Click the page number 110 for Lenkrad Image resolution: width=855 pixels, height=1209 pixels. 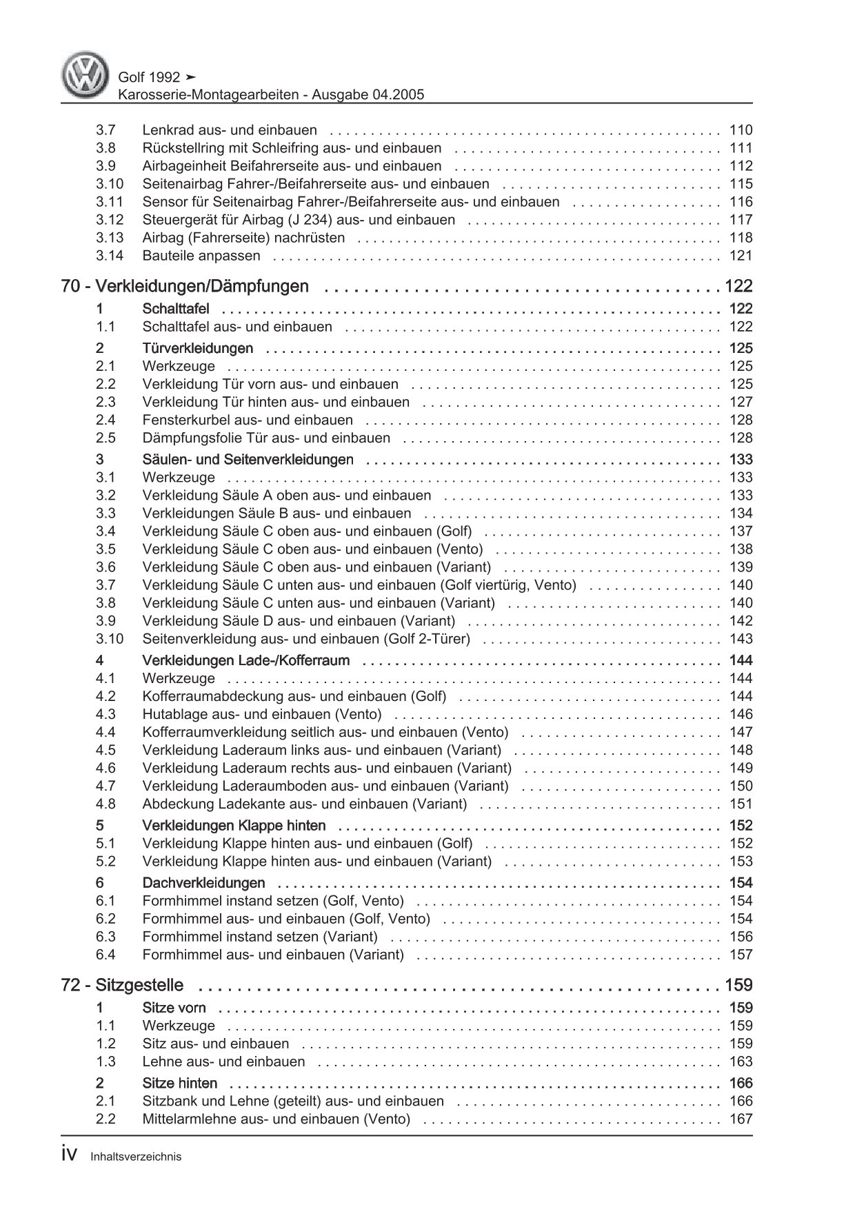pos(741,130)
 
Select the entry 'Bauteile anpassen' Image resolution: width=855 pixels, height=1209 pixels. pos(201,256)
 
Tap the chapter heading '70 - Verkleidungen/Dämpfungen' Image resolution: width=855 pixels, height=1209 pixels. pos(185,286)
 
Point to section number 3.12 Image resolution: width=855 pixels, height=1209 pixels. pos(110,220)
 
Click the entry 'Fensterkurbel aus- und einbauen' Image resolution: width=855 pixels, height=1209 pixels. pos(248,420)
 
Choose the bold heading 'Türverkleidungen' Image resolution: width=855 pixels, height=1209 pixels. pos(197,348)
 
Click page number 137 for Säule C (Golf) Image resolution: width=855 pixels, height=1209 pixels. pos(741,531)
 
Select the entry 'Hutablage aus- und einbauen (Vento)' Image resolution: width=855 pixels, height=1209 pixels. pos(261,714)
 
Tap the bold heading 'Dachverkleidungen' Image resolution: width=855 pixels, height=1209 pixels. pos(203,883)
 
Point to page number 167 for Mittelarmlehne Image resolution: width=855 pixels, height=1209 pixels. pos(741,1119)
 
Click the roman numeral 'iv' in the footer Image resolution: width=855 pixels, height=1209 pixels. pos(72,1156)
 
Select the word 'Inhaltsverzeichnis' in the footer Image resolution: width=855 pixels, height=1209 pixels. pos(136,1157)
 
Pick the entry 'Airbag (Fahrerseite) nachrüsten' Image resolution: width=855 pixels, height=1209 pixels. pos(243,238)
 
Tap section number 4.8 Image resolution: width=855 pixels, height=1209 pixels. pos(105,804)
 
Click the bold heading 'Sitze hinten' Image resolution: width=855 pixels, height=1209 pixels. pos(179,1083)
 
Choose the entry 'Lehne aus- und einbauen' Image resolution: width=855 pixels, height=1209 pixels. pos(223,1061)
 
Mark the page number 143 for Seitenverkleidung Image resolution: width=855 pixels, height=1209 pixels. pos(741,639)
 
